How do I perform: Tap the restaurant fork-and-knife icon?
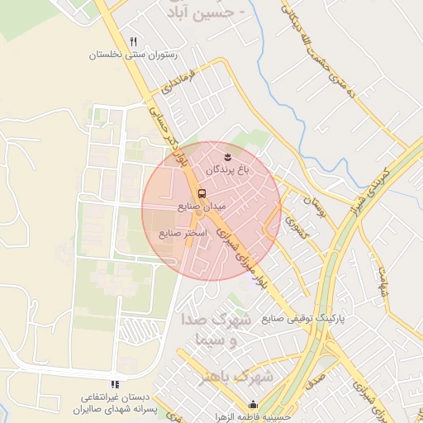coord(133,41)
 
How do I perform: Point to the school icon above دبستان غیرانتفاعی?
coord(115,383)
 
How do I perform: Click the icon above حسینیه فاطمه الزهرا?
coord(254,405)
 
